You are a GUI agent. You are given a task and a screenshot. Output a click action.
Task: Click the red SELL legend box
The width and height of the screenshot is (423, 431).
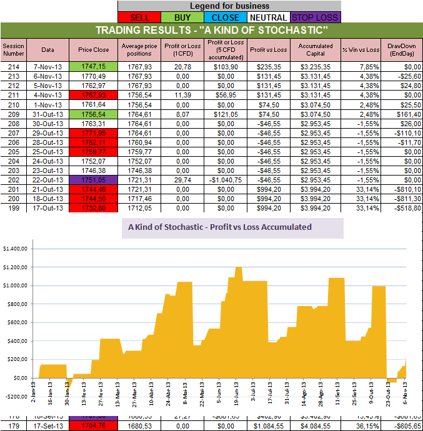(139, 17)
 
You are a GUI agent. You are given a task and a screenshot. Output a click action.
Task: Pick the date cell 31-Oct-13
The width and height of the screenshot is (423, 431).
(48, 114)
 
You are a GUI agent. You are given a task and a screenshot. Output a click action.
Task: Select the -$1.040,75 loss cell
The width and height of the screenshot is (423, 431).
(227, 179)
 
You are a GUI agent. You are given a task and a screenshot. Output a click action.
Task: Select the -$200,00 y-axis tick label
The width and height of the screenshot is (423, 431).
(16, 397)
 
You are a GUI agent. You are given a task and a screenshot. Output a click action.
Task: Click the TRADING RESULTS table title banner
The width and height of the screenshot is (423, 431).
(211, 31)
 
